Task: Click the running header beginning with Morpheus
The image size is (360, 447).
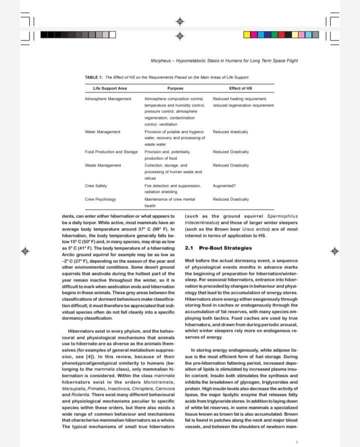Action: click(224, 61)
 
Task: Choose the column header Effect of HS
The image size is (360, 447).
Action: click(240, 88)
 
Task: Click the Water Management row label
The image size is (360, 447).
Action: click(102, 131)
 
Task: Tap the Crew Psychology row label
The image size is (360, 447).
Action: click(100, 199)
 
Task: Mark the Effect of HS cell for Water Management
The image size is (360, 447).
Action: click(230, 131)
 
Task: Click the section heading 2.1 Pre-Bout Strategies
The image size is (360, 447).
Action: click(218, 248)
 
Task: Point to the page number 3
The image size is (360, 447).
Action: click(296, 441)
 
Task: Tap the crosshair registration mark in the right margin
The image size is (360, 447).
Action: click(334, 248)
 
